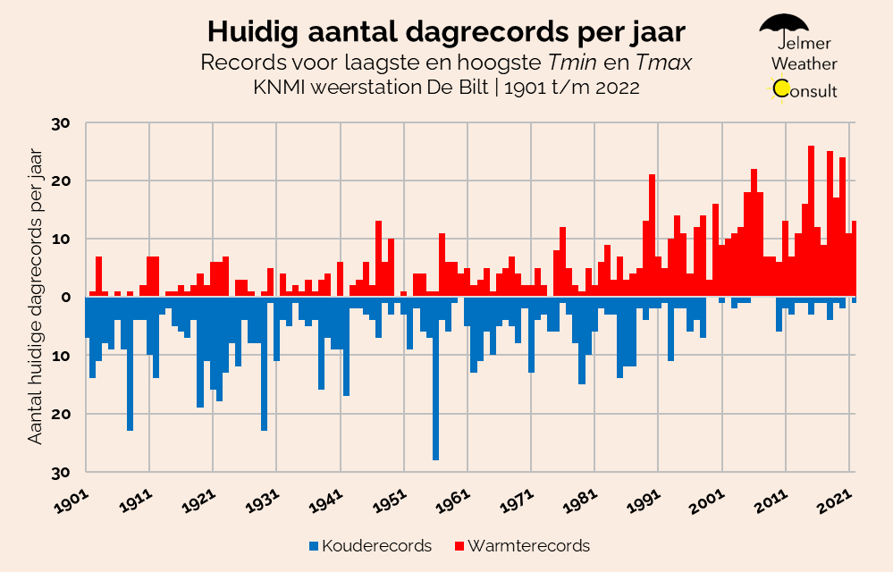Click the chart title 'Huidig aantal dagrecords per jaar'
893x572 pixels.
click(446, 32)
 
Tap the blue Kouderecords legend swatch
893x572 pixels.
click(313, 545)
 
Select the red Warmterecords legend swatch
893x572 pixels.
click(459, 545)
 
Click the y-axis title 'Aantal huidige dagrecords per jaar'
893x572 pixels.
click(36, 298)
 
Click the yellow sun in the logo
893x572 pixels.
click(781, 88)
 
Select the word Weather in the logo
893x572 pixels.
click(804, 64)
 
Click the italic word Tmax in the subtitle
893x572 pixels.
click(665, 63)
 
